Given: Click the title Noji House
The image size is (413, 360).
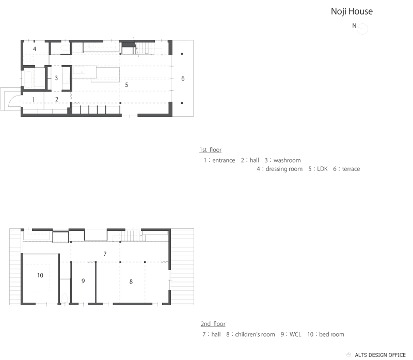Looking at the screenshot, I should tap(352, 11).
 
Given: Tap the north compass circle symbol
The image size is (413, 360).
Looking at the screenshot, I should tap(362, 29).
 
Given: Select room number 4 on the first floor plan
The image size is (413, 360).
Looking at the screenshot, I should tap(35, 49).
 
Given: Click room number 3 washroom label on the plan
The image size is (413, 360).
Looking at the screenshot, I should tap(56, 78).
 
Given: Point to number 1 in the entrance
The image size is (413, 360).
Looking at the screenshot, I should tap(33, 99).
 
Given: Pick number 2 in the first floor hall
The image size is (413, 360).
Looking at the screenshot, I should tap(57, 99).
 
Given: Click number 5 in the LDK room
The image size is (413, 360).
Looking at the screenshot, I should tap(126, 84).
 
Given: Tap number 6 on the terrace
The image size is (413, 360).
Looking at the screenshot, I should tap(182, 78).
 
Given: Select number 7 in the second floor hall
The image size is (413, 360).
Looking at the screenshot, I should tap(105, 254).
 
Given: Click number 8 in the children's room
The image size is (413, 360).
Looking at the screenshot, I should tap(131, 281).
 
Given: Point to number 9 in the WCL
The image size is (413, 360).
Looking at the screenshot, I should tap(83, 280).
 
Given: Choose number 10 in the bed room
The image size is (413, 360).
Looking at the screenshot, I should tap(40, 275).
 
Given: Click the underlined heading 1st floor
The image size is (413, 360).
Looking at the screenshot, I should tap(211, 150).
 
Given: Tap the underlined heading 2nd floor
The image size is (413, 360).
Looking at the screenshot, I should tap(213, 324).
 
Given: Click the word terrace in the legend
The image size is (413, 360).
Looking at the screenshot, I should tap(350, 169).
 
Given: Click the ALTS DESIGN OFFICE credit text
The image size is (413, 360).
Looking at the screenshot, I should tap(380, 355).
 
